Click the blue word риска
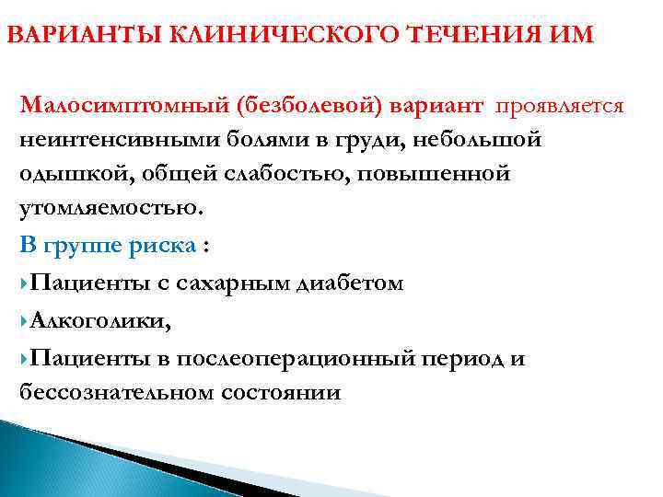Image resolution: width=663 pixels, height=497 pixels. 162,247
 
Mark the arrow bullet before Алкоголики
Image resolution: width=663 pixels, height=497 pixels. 24,320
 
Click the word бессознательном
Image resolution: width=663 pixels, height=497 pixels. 116,392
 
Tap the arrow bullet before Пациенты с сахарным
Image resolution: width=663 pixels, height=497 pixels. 24,283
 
